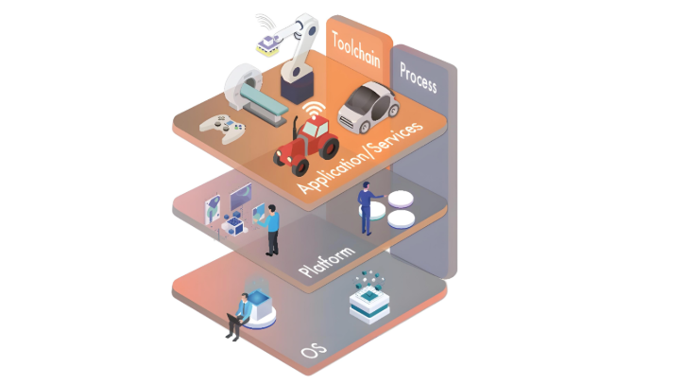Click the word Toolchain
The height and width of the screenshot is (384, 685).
(x=355, y=52)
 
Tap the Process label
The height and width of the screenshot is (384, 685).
(x=417, y=78)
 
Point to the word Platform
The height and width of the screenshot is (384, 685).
(x=326, y=262)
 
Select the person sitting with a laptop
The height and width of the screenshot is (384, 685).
(x=239, y=314)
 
